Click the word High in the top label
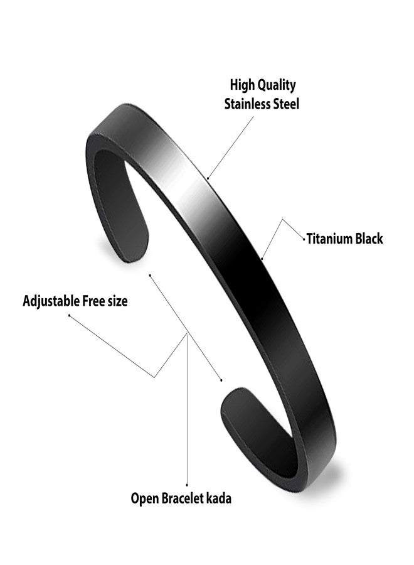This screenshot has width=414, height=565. [242, 85]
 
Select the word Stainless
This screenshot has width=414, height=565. [248, 104]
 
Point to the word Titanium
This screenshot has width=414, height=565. [329, 239]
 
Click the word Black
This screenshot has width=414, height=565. [369, 239]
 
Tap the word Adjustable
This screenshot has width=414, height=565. [51, 301]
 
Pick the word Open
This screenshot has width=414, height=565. [144, 499]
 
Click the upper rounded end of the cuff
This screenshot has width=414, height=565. [135, 249]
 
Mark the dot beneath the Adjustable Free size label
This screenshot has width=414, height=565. [69, 315]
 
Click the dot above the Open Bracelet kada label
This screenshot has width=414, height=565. [187, 485]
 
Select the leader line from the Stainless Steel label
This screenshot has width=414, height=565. [230, 147]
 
